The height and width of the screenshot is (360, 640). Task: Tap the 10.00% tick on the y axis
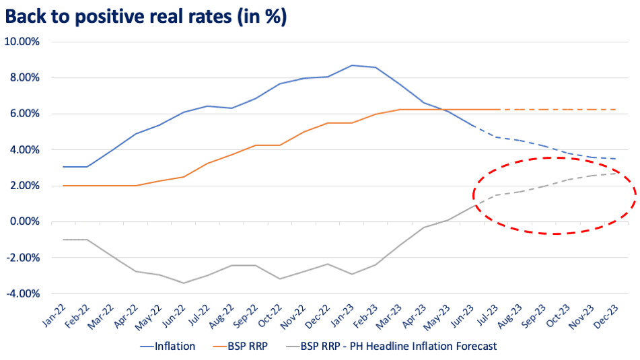point(22,42)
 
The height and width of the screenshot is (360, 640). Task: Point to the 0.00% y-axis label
point(24,221)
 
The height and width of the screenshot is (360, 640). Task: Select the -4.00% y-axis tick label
point(23,294)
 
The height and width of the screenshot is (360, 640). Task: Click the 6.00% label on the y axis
point(24,114)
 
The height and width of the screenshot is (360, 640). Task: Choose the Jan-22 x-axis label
point(54,316)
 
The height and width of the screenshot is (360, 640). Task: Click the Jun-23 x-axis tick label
point(463,316)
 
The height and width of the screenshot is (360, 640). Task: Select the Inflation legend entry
point(168,347)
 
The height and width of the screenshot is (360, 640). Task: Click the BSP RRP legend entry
point(241,347)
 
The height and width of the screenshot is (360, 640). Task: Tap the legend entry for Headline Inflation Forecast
point(392,347)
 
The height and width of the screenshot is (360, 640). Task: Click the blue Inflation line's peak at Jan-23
point(352,65)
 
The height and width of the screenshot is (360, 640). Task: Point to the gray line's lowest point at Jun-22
point(183,283)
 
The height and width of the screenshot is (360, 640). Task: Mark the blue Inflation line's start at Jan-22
point(63,167)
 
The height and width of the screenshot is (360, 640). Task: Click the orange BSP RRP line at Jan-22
point(63,186)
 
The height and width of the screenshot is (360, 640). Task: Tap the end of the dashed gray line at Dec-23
point(616,174)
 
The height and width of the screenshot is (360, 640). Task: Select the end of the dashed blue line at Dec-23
point(616,159)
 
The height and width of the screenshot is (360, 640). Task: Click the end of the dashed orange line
point(616,110)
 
